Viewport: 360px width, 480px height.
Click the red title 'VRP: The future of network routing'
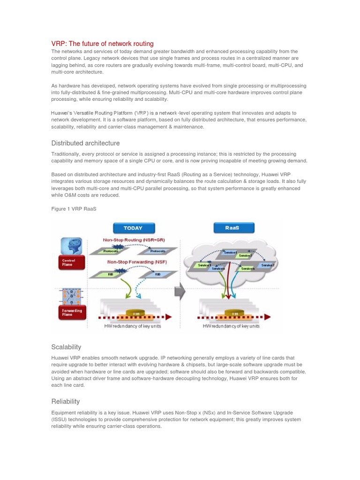pyautogui.click(x=102, y=44)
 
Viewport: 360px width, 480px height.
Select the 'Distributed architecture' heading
pyautogui.click(x=85, y=143)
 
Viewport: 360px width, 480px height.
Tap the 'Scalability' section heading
pyautogui.click(x=66, y=347)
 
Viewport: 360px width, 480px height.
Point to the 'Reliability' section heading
pyautogui.click(x=65, y=401)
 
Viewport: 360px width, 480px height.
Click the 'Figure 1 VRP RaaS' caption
pyautogui.click(x=74, y=209)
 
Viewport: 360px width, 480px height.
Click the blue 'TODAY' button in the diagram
pyautogui.click(x=133, y=228)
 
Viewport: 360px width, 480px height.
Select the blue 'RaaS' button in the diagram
pyautogui.click(x=234, y=228)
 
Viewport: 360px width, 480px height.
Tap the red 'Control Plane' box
pyautogui.click(x=71, y=262)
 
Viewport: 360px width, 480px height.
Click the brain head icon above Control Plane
pyautogui.click(x=71, y=246)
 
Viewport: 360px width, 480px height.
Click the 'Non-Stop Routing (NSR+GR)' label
pyautogui.click(x=134, y=240)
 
